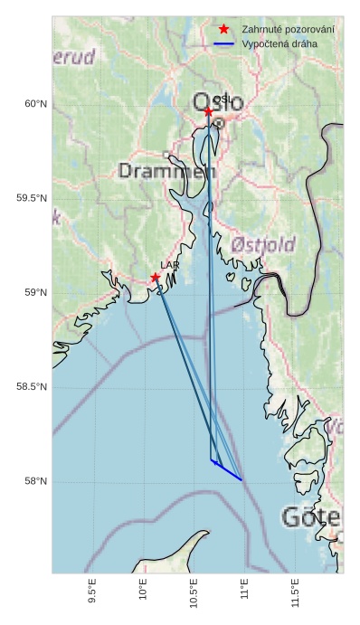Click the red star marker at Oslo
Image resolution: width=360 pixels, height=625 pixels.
208,111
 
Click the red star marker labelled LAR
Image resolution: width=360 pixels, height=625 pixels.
156,278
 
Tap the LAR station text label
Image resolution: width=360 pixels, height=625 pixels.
169,265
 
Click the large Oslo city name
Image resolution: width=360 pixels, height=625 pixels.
218,103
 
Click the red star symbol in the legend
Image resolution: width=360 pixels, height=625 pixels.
224,29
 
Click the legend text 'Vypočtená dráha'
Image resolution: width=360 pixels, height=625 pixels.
279,43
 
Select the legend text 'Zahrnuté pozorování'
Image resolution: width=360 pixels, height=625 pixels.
288,30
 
